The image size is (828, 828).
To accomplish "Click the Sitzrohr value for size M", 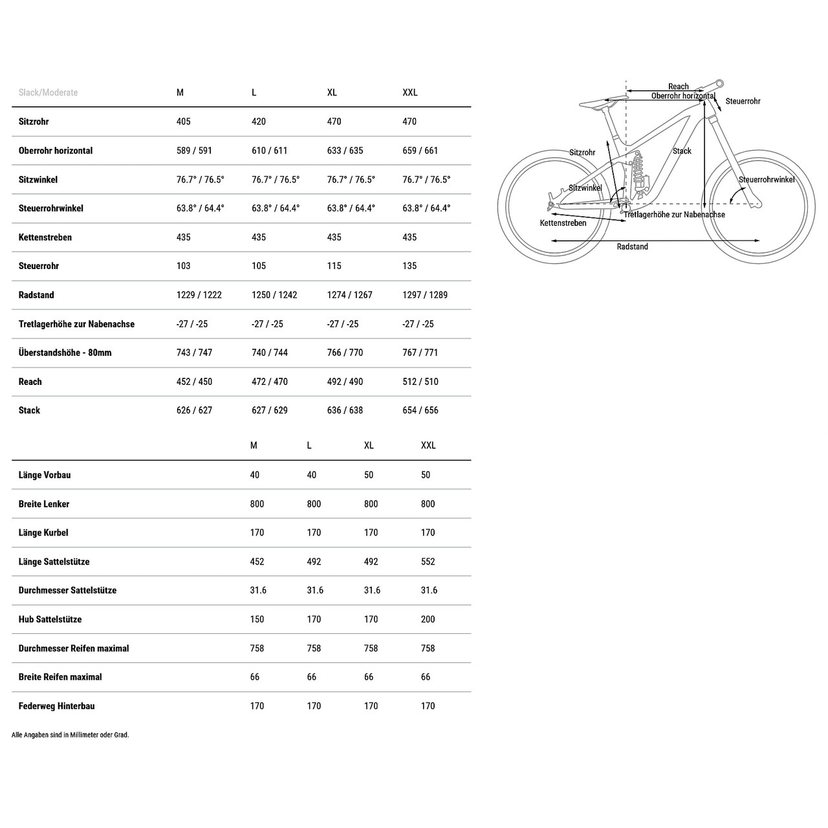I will [184, 122].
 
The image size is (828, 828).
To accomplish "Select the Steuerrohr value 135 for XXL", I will [409, 266].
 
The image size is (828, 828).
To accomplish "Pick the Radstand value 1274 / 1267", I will [349, 295].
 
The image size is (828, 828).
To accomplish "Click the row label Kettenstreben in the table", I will [45, 237].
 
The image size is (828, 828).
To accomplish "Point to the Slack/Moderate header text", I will [48, 93].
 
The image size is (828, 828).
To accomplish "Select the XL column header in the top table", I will [332, 93].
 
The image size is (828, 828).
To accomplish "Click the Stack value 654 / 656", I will [420, 410].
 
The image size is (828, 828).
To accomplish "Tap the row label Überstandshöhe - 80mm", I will [65, 353].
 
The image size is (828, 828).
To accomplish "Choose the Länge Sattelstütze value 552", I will [428, 561].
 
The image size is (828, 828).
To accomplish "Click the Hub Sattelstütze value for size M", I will [257, 619].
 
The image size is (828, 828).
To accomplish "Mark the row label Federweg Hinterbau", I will [56, 706].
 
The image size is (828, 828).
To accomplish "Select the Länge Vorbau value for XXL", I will [426, 475].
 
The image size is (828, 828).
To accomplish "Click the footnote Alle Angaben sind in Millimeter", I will [70, 735].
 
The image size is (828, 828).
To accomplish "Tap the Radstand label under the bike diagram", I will [632, 246].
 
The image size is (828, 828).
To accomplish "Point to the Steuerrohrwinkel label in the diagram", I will [767, 180].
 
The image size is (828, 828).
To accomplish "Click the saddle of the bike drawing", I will [602, 102].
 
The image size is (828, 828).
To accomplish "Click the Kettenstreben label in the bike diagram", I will [563, 223].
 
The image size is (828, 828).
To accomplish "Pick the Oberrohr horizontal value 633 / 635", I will [345, 151].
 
